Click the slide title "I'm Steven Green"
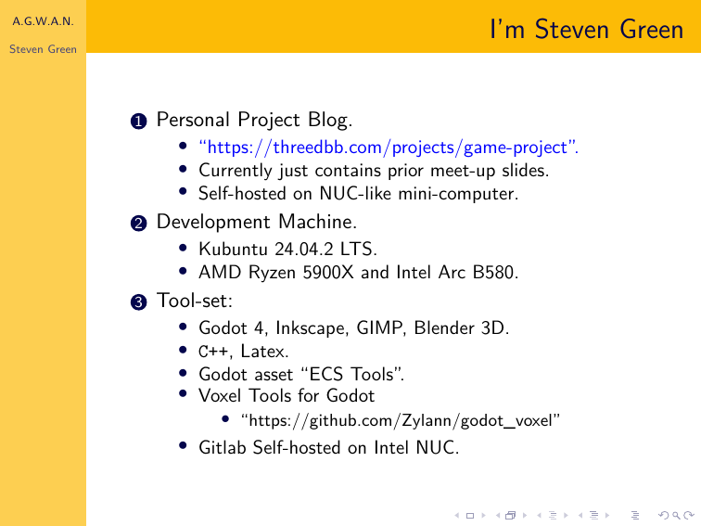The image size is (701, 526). click(587, 30)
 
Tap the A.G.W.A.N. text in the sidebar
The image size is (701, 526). click(43, 21)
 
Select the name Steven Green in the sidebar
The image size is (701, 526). click(43, 49)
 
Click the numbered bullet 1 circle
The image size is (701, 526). click(138, 122)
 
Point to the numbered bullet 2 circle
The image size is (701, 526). click(138, 224)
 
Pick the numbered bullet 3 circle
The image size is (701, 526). click(138, 301)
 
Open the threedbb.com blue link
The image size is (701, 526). click(389, 148)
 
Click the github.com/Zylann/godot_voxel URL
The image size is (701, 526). click(401, 420)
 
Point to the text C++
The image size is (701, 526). click(213, 352)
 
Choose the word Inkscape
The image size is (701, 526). click(311, 328)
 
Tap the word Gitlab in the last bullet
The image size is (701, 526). click(223, 448)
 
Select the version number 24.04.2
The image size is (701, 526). click(304, 250)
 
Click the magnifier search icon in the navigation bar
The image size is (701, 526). click(676, 516)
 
